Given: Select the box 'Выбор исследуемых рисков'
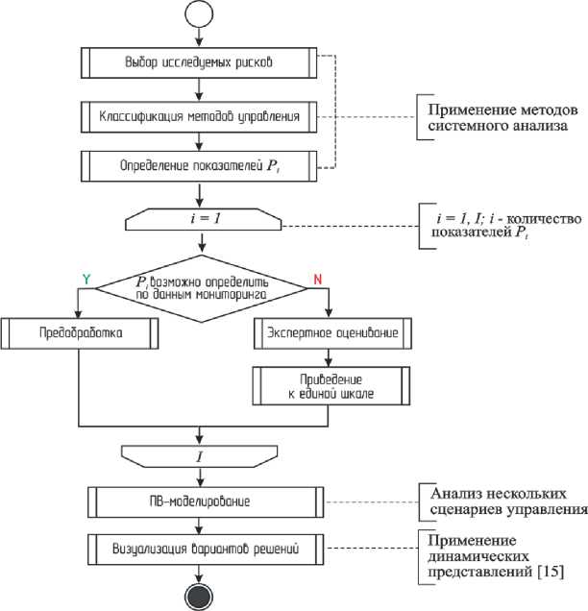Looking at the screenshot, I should [199, 63].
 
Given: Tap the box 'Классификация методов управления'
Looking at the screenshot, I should [199, 117].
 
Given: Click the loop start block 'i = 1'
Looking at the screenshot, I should [199, 220].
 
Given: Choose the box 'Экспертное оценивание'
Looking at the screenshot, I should [332, 333].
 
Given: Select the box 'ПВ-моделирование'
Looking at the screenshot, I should [199, 501].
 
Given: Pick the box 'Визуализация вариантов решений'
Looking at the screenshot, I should [199, 550].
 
